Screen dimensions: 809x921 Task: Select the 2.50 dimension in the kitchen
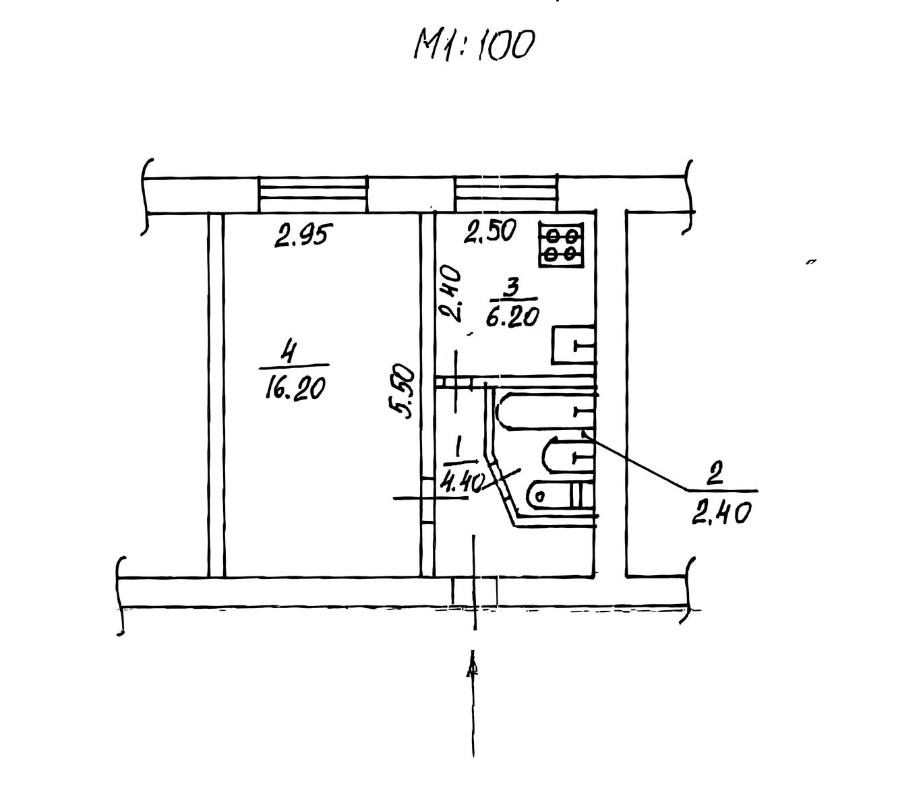pyautogui.click(x=490, y=231)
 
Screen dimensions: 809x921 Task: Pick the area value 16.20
pyautogui.click(x=295, y=389)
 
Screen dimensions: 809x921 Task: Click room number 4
pyautogui.click(x=290, y=352)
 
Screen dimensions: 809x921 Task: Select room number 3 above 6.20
pyautogui.click(x=512, y=288)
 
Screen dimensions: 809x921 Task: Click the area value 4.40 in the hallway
pyautogui.click(x=463, y=483)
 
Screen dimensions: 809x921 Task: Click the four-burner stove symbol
pyautogui.click(x=561, y=244)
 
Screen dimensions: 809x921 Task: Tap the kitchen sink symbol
pyautogui.click(x=573, y=345)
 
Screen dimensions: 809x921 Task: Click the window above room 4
pyautogui.click(x=313, y=194)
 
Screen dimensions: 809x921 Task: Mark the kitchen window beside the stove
pyautogui.click(x=506, y=194)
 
